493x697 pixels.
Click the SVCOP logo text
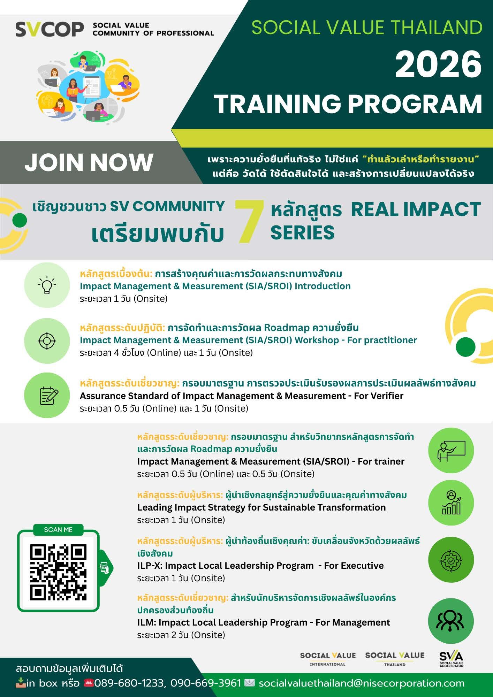[x=50, y=30]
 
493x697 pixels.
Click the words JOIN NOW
[x=89, y=162]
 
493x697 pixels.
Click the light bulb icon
[x=47, y=285]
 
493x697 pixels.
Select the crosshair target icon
[x=47, y=340]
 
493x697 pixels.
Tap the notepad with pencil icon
[x=47, y=396]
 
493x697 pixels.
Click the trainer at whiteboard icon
[x=451, y=451]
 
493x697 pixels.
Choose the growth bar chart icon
[x=451, y=503]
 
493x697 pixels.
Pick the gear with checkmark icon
[x=451, y=560]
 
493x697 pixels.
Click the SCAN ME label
[x=58, y=530]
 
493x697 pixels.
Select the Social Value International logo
[x=328, y=659]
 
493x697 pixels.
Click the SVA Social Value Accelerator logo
[x=451, y=659]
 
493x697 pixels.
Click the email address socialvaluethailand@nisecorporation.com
[x=361, y=683]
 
